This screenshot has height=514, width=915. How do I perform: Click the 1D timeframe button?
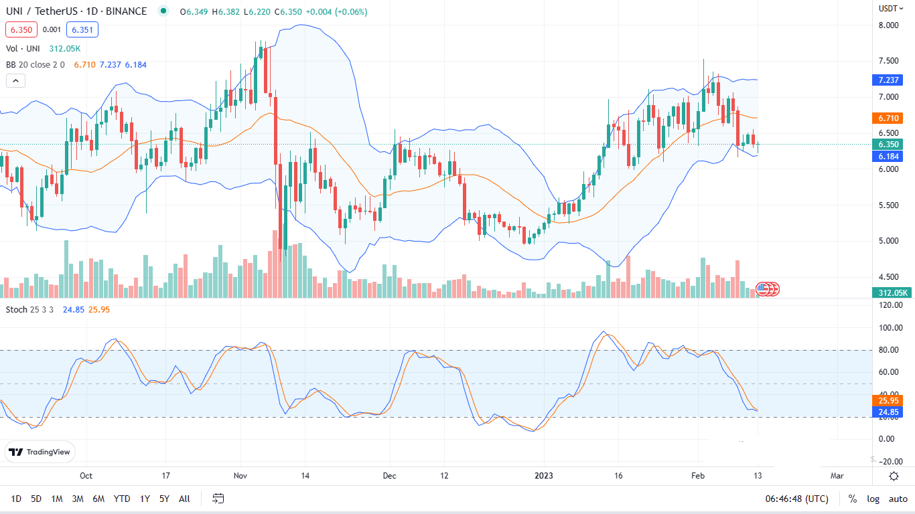[x=16, y=499]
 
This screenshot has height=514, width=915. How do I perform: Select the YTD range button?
[x=122, y=499]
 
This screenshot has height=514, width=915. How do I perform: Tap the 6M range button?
[x=98, y=499]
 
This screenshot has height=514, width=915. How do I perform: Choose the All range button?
[x=185, y=499]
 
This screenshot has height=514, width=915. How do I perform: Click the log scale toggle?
[x=873, y=499]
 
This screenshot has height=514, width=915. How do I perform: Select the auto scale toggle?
[x=898, y=499]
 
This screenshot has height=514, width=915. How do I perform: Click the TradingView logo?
[x=40, y=452]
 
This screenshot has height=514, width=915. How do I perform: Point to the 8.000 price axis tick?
[x=888, y=25]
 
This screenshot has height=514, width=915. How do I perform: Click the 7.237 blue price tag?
[x=890, y=80]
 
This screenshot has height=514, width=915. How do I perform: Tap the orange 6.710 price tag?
[x=890, y=118]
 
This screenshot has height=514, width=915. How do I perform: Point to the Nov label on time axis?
[x=241, y=476]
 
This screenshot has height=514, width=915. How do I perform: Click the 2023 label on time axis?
[x=544, y=476]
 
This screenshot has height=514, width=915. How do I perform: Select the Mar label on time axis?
[x=837, y=476]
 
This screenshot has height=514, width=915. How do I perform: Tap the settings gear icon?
[x=894, y=476]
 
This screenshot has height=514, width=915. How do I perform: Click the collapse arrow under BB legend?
[x=15, y=81]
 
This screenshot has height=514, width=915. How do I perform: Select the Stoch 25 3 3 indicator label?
[x=27, y=309]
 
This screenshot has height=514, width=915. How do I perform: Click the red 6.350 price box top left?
[x=20, y=29]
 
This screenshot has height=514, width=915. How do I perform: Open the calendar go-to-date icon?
[x=218, y=499]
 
